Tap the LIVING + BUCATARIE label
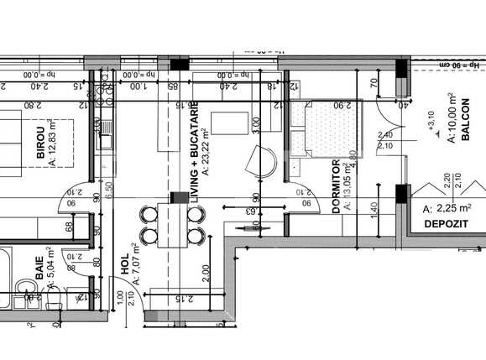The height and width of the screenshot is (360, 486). click(194, 157)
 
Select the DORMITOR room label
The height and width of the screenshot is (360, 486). click(335, 186)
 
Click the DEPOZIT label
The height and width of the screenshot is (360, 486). click(446, 226)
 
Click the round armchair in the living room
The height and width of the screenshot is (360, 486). click(263, 159)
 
